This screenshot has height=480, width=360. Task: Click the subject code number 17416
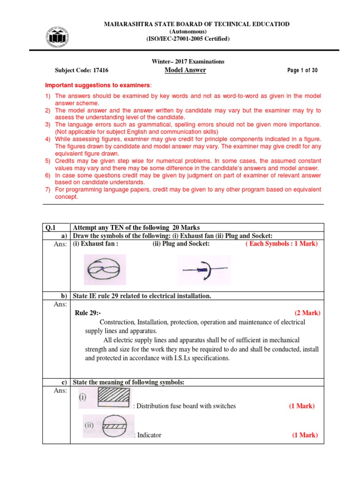[101, 70]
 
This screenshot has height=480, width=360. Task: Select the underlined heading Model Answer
[185, 70]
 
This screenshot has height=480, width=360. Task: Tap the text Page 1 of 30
[302, 70]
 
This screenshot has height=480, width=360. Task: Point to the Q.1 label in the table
[50, 227]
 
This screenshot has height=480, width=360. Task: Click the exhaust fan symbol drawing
[105, 270]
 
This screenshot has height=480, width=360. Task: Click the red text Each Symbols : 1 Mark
[281, 244]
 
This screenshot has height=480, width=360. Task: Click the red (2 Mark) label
[307, 313]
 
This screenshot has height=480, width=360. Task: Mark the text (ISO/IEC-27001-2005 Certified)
[188, 39]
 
